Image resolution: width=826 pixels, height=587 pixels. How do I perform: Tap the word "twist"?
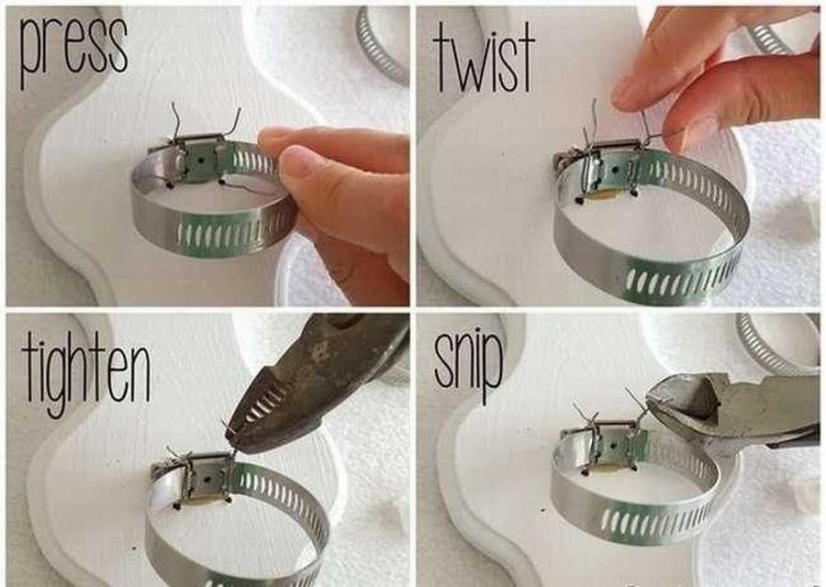click(x=484, y=58)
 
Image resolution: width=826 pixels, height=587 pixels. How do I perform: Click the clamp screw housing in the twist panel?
click(x=613, y=168)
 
